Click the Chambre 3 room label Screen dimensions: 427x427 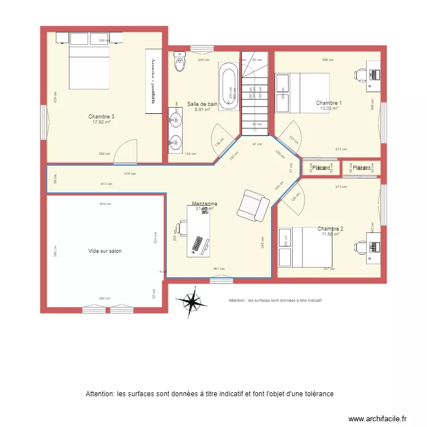97,116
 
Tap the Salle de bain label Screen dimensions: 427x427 202,104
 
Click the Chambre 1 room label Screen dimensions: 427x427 329,103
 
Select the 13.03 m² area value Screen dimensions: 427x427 329,109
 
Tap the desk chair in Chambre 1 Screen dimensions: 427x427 361,75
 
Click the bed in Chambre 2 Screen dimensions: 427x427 297,247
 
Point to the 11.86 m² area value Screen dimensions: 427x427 330,234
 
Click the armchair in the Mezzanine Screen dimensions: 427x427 253,206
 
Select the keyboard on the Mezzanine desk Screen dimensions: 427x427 199,244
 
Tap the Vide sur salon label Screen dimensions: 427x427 105,251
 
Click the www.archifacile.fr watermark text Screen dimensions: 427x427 377,418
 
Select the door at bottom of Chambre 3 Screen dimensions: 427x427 125,152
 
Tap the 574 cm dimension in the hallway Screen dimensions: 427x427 130,174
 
